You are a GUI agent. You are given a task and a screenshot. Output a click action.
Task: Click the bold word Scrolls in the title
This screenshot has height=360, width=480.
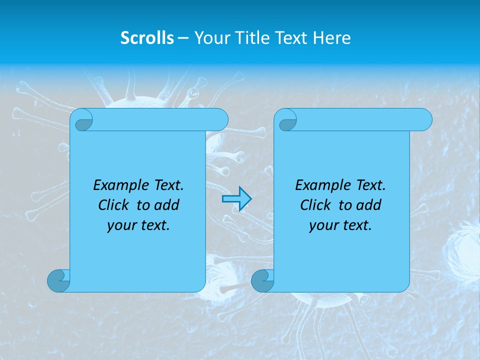click(x=147, y=38)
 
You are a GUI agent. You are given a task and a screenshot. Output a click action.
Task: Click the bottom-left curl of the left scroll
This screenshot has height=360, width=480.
click(x=58, y=280)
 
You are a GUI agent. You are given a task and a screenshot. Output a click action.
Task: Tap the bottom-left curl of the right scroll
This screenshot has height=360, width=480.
click(x=262, y=280)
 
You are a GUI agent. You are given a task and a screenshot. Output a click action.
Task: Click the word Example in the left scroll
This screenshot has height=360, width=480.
click(x=118, y=185)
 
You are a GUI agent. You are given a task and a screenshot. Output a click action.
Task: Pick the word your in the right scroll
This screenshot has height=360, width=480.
click(x=322, y=226)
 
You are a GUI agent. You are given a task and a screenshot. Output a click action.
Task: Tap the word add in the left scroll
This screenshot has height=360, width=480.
click(x=167, y=205)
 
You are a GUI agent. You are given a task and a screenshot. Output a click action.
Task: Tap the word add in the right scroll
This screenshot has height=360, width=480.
click(x=369, y=205)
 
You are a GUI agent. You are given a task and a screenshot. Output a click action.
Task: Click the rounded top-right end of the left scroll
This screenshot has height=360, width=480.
click(x=220, y=120)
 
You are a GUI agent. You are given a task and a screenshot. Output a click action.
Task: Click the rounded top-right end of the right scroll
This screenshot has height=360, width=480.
click(x=424, y=120)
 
